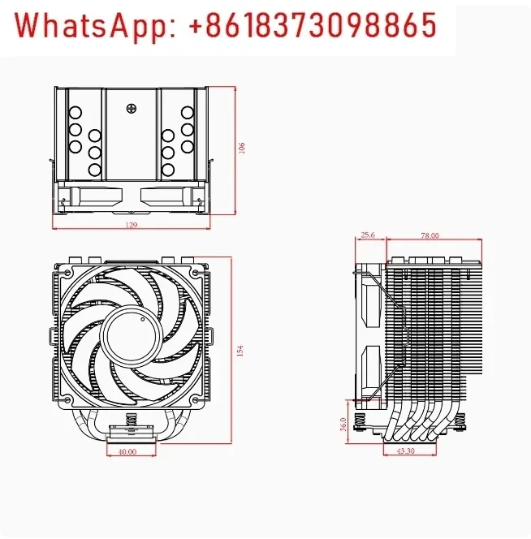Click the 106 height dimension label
(242, 147)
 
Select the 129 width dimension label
(132, 224)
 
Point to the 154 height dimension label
(240, 350)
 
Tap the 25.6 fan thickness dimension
(367, 235)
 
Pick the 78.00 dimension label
(430, 235)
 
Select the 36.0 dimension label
(343, 424)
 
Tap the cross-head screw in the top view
(130, 106)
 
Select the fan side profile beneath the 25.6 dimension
(369, 333)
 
